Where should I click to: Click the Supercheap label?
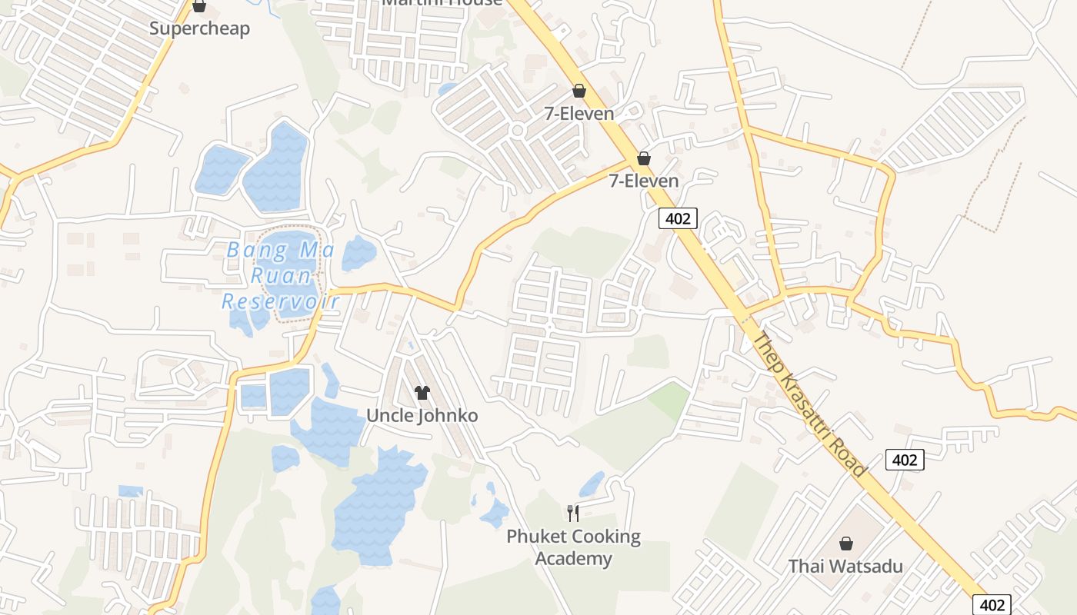coord(199,29)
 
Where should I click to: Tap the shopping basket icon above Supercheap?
coord(199,7)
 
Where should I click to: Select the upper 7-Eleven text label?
coord(579,114)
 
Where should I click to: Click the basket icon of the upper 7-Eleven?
coord(579,91)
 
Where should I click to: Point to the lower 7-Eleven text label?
coord(644,181)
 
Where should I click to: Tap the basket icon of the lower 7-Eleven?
coord(644,159)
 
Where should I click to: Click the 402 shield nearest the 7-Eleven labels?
coord(678,219)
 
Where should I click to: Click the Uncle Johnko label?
coord(422,416)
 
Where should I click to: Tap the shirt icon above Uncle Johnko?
coord(422,393)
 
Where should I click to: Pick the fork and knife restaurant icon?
coord(573,513)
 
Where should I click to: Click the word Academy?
coord(573,559)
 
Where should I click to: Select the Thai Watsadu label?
coord(845,567)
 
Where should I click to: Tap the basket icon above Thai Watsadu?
coord(846,544)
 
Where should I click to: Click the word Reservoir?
coord(281,301)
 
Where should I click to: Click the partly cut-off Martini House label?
coord(442,2)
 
